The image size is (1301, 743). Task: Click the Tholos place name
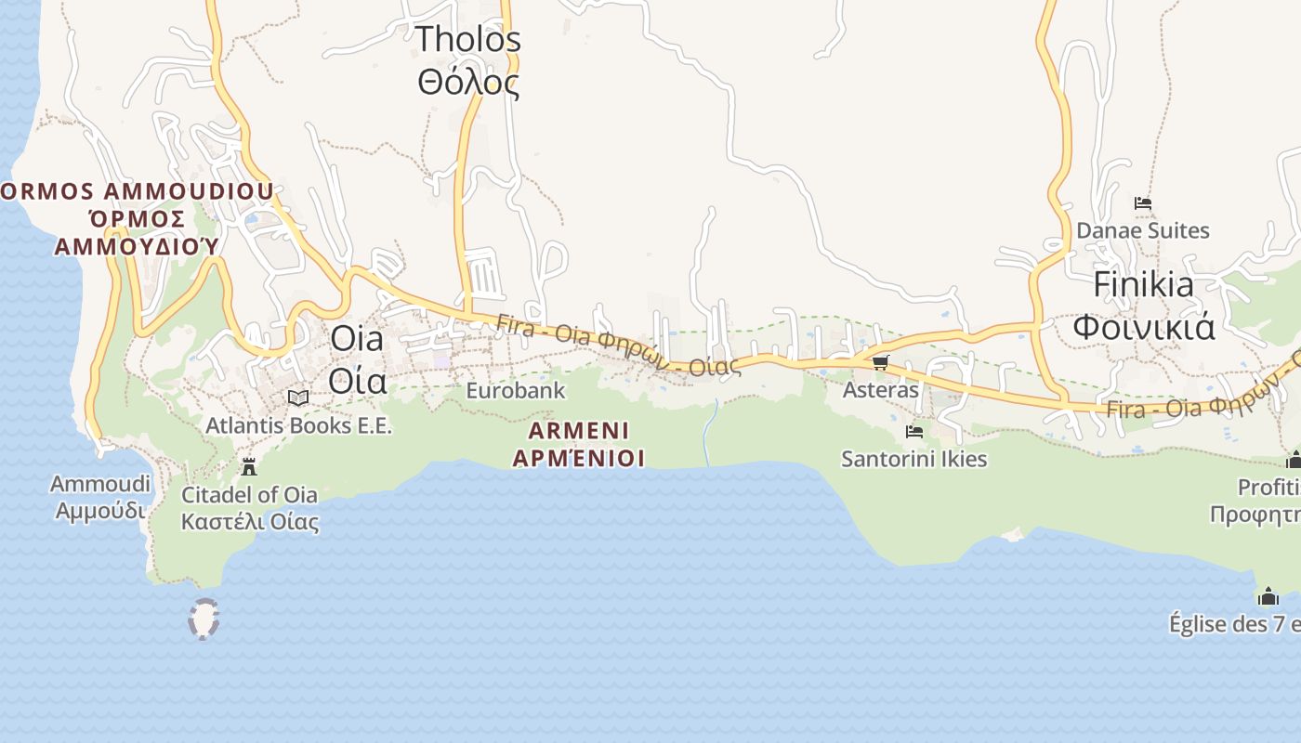467,40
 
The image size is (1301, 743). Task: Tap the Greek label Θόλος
467,83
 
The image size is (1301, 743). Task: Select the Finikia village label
1143,285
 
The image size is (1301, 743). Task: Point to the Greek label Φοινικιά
1143,327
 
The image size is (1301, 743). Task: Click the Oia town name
357,339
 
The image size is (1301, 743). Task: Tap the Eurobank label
515,390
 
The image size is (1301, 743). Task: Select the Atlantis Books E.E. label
298,426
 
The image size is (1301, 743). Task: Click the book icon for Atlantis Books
298,398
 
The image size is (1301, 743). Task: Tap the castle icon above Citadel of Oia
248,466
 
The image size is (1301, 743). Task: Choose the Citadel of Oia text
249,495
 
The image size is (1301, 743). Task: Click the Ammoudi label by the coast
100,484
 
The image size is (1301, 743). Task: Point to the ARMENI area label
579,431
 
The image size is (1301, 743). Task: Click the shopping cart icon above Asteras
880,362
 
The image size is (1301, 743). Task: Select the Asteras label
880,390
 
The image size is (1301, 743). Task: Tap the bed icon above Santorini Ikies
913,432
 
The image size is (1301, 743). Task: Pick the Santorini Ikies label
913,460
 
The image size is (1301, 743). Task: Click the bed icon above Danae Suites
1143,203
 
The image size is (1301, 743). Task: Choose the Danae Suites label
1143,230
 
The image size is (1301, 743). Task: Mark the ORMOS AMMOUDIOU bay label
137,192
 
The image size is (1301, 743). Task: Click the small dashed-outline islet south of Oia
204,619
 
